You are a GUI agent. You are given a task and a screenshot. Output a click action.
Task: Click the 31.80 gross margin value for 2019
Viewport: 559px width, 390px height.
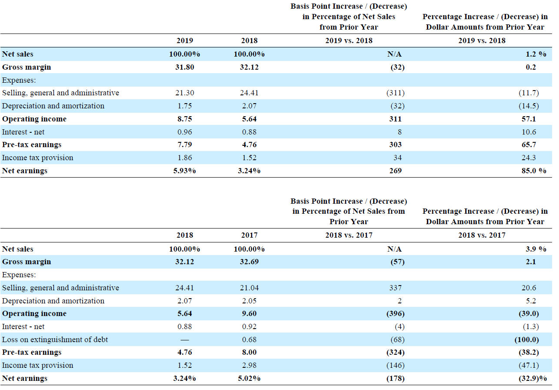tap(184, 67)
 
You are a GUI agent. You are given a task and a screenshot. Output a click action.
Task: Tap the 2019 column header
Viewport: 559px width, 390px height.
tap(184, 40)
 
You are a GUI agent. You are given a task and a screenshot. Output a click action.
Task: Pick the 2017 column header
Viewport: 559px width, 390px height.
tap(249, 235)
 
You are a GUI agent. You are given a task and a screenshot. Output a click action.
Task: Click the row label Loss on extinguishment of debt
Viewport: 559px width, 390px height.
tap(55, 340)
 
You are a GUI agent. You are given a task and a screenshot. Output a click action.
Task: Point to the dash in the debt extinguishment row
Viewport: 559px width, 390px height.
tap(184, 340)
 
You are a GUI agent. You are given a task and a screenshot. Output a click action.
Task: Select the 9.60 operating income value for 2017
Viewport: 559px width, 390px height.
tap(249, 313)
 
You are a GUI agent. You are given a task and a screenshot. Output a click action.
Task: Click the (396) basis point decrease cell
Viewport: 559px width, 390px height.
tap(395, 313)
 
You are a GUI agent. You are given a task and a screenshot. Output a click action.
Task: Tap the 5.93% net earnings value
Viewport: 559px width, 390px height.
tap(184, 171)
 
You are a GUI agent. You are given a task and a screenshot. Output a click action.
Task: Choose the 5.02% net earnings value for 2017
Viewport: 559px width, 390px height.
tap(249, 378)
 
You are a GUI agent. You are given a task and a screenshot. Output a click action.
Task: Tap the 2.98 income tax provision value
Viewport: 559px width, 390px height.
tap(249, 365)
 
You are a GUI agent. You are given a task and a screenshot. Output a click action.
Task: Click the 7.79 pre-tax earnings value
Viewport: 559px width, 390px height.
tap(184, 145)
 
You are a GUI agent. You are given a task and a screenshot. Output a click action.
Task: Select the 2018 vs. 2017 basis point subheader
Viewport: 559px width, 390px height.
tap(349, 235)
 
